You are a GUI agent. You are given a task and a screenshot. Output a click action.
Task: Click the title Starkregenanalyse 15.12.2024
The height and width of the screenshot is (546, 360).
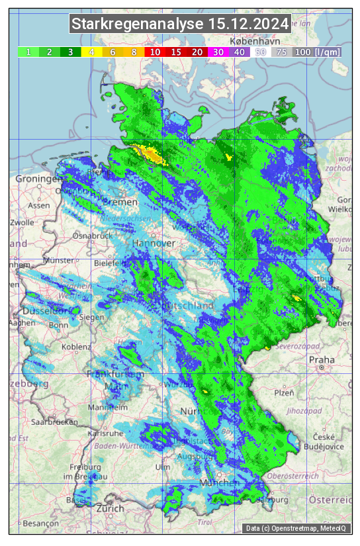[180, 24]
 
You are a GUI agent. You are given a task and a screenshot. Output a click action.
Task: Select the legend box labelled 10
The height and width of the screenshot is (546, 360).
[155, 52]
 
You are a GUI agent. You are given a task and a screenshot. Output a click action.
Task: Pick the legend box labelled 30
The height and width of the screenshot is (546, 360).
[218, 52]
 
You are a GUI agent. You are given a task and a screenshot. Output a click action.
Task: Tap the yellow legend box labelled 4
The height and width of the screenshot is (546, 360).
[92, 52]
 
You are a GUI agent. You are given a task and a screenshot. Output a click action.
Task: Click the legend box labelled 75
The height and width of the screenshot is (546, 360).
[281, 52]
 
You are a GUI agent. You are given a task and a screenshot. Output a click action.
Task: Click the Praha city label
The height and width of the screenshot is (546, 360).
[322, 360]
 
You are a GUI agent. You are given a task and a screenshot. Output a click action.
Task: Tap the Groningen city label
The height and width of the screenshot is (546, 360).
[38, 179]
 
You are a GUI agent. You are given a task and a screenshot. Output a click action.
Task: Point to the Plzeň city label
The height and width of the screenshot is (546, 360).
[283, 392]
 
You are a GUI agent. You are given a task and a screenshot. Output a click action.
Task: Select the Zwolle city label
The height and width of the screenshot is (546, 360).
[22, 222]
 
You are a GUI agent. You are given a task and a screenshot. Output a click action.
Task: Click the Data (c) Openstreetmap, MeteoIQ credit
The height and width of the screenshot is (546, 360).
[295, 528]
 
